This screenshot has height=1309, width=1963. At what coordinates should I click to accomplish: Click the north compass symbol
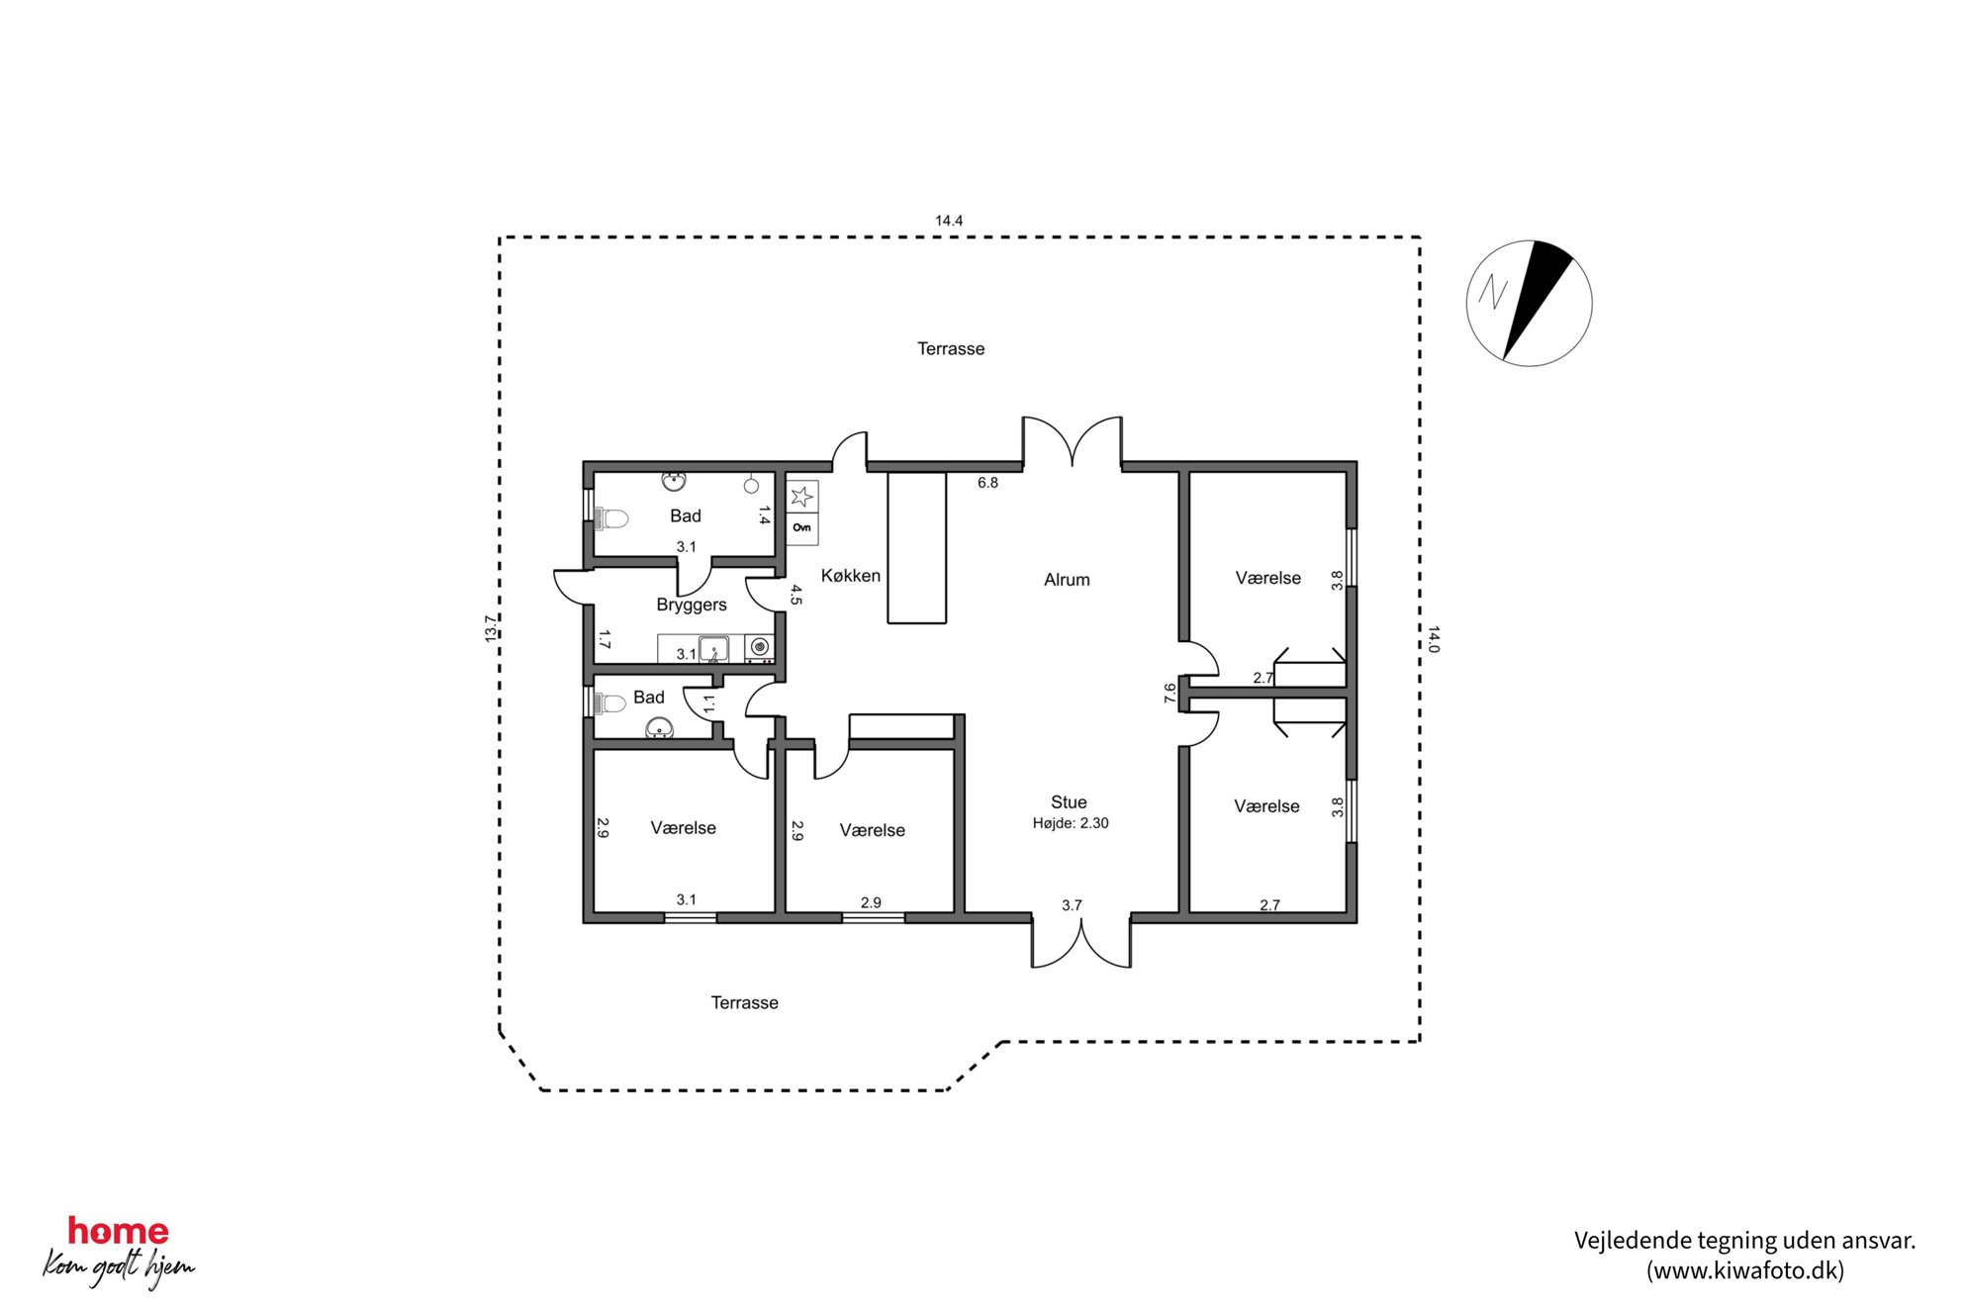pyautogui.click(x=1529, y=303)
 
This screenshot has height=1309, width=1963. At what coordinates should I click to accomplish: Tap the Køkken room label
pyautogui.click(x=850, y=576)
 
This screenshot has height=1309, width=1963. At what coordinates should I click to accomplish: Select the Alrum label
pyautogui.click(x=1067, y=580)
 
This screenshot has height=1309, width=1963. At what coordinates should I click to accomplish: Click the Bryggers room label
pyautogui.click(x=692, y=606)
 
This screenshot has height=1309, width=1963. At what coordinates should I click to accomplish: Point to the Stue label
pyautogui.click(x=1069, y=802)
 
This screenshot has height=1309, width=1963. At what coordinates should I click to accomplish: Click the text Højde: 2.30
pyautogui.click(x=1071, y=823)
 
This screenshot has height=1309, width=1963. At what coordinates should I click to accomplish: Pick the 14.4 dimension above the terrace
pyautogui.click(x=949, y=221)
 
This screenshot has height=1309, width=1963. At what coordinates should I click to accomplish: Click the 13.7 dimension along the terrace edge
pyautogui.click(x=491, y=628)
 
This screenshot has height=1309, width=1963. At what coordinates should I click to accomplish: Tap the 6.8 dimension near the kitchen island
pyautogui.click(x=987, y=483)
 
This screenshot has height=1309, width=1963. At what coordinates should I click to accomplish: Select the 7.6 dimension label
pyautogui.click(x=1169, y=694)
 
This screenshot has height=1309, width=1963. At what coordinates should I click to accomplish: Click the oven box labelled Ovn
pyautogui.click(x=802, y=528)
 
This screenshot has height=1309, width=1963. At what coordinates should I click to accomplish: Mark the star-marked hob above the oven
pyautogui.click(x=802, y=496)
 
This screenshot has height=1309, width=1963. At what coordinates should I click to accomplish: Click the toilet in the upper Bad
pyautogui.click(x=610, y=518)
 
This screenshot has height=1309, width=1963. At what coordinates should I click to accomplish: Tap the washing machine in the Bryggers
pyautogui.click(x=759, y=648)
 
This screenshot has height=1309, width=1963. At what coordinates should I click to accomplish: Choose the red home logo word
pyautogui.click(x=118, y=1232)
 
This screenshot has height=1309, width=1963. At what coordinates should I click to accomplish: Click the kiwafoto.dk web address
pyautogui.click(x=1744, y=1271)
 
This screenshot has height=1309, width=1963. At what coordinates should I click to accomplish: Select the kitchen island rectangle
pyautogui.click(x=916, y=547)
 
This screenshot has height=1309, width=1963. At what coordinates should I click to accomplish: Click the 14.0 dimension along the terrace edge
pyautogui.click(x=1434, y=639)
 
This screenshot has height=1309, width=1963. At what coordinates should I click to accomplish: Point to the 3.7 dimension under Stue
pyautogui.click(x=1072, y=905)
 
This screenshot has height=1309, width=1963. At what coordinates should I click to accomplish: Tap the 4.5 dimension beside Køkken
pyautogui.click(x=795, y=595)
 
